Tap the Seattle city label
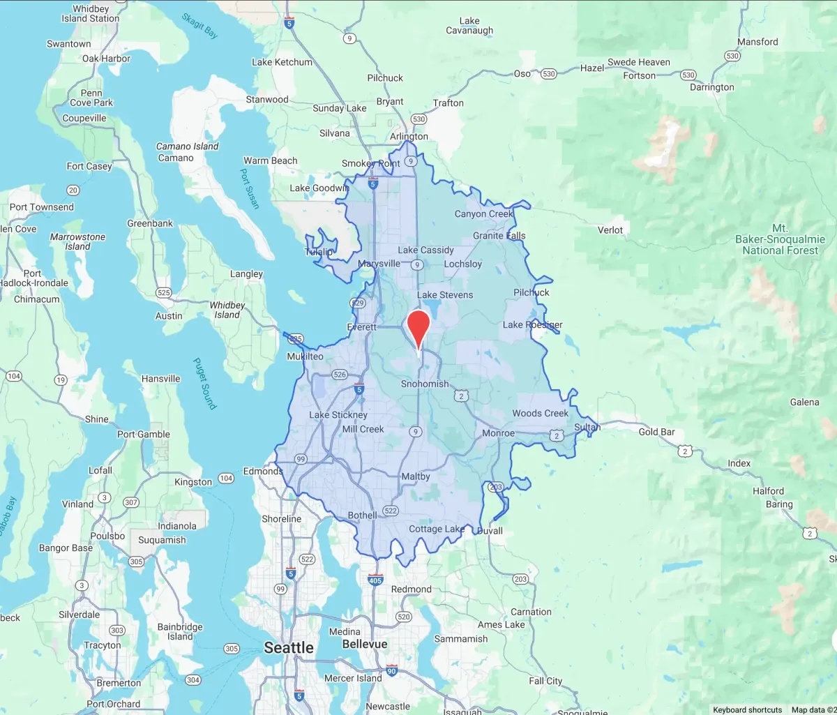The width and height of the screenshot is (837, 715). (x=288, y=648)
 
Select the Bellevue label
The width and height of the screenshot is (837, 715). (x=364, y=644)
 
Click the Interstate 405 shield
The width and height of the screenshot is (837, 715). (x=375, y=580)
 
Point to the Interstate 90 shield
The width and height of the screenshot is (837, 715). (x=392, y=670)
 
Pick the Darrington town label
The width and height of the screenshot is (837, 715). (x=711, y=87)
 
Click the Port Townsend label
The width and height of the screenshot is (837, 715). (x=42, y=207)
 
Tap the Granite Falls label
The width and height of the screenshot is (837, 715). (x=499, y=236)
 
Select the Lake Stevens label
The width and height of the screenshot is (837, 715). (x=444, y=295)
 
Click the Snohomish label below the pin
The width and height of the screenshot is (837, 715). (x=425, y=384)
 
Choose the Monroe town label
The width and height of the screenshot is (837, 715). (x=498, y=433)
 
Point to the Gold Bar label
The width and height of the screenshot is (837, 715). (x=656, y=432)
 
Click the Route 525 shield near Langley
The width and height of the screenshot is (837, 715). (x=164, y=293)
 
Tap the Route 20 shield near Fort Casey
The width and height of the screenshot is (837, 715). (x=73, y=190)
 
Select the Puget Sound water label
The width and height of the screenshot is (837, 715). (x=204, y=384)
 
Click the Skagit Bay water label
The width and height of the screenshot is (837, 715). (x=200, y=26)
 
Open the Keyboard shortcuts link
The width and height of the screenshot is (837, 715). (x=747, y=709)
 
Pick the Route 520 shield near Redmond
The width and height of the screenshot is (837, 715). (x=403, y=617)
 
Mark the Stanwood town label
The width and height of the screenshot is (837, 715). (x=266, y=100)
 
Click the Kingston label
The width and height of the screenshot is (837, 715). (x=193, y=482)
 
